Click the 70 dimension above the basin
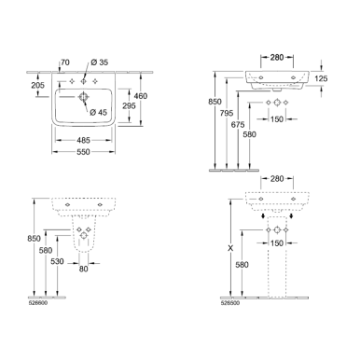[x=64, y=64]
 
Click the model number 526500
[x=229, y=301]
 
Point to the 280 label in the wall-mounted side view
[x=275, y=59]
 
